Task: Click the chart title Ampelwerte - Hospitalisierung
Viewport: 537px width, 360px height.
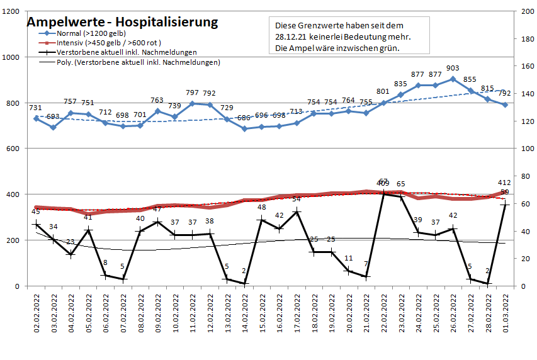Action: [x=122, y=22]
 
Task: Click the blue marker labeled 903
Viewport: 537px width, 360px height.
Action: [x=452, y=79]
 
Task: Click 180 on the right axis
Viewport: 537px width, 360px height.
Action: [x=526, y=39]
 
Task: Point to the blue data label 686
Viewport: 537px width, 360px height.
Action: [x=244, y=118]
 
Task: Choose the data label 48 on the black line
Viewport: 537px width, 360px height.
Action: [x=262, y=208]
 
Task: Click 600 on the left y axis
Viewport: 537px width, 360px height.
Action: [x=12, y=149]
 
